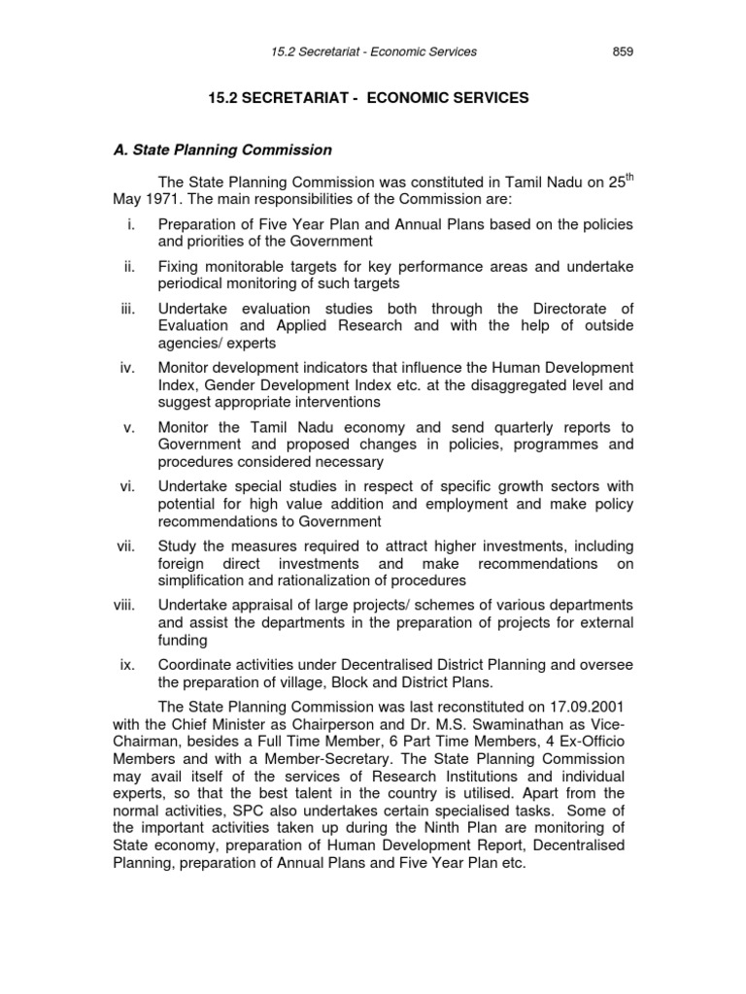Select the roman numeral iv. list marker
128,367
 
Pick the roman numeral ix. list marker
128,664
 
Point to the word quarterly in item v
511,427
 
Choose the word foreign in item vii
183,564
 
